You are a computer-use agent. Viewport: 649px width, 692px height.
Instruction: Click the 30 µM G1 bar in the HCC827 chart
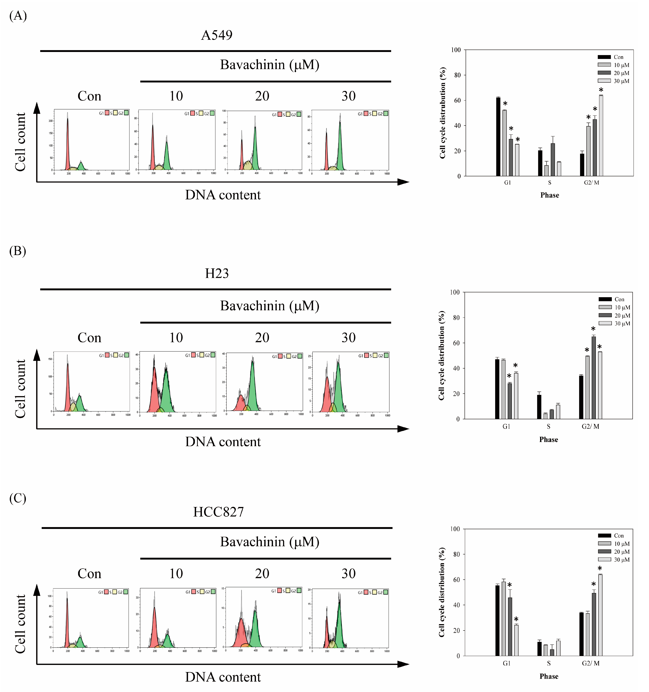point(516,640)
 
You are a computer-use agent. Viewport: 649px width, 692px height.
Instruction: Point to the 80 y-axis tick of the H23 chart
point(456,317)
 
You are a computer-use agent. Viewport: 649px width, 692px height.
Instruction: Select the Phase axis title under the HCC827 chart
point(549,676)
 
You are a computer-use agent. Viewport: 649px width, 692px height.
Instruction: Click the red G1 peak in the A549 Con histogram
point(68,146)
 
